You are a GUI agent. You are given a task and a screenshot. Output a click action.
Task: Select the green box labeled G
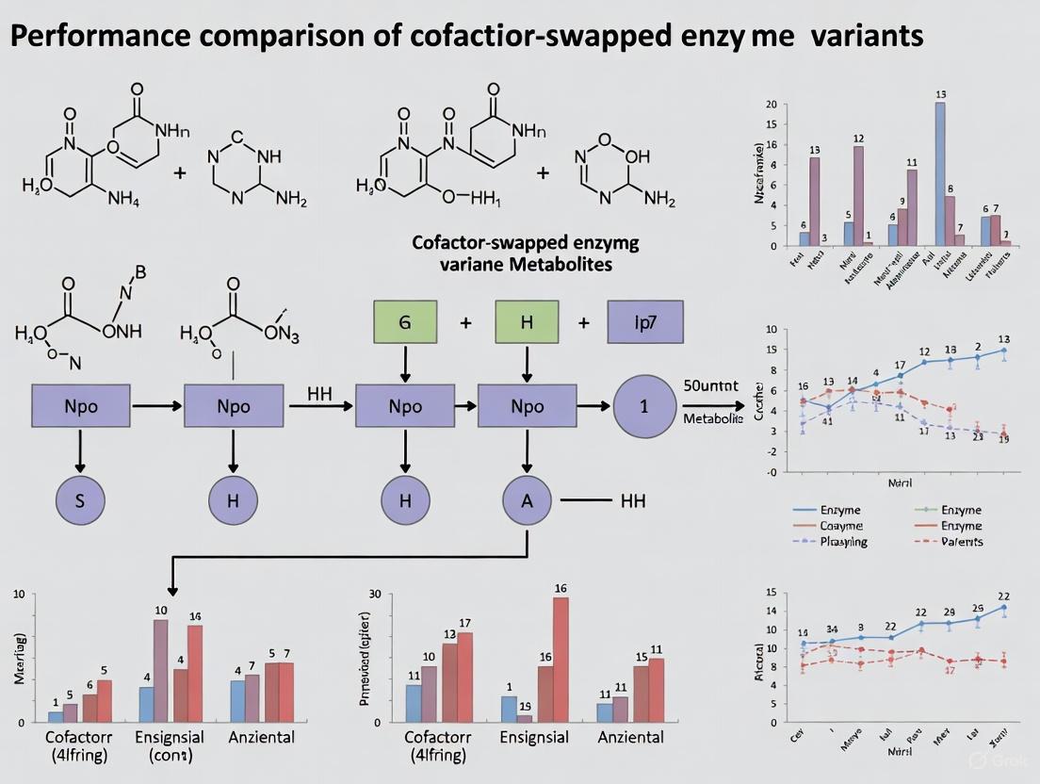point(405,321)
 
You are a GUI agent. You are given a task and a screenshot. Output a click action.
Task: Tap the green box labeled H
point(527,321)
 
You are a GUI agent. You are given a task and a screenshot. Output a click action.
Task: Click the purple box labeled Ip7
point(645,321)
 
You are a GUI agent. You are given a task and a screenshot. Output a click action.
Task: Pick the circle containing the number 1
point(644,408)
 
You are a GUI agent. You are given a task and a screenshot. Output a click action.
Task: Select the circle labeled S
point(79,500)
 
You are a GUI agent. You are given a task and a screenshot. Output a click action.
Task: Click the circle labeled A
point(527,500)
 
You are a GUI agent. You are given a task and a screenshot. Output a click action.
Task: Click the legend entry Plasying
point(843,542)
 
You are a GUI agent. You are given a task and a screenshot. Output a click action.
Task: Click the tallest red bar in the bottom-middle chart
point(561,660)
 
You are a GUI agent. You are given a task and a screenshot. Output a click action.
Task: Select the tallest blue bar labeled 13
point(940,173)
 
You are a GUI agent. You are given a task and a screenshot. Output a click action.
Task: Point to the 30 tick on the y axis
point(373,595)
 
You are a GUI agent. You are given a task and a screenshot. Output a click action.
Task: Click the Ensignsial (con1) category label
point(176,745)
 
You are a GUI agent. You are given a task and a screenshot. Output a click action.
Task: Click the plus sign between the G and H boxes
point(465,322)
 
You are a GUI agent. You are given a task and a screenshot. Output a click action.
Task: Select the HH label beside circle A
point(632,500)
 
